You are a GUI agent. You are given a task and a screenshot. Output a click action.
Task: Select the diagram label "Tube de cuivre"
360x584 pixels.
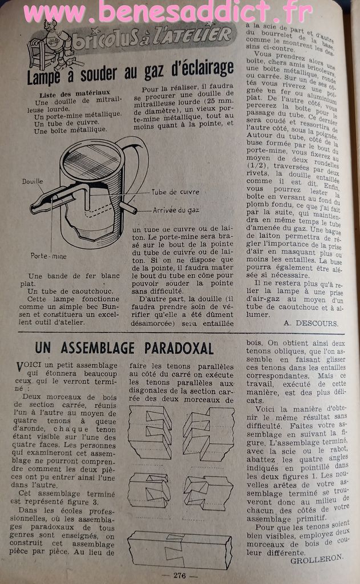(175, 192)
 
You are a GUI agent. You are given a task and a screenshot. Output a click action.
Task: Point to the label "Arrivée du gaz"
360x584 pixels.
(176, 210)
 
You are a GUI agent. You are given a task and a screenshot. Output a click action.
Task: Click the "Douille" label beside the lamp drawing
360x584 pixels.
(33, 181)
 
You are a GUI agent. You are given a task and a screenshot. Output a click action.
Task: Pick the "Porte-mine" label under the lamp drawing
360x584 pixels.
(48, 256)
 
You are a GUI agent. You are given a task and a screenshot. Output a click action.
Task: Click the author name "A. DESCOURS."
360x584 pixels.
(310, 323)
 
